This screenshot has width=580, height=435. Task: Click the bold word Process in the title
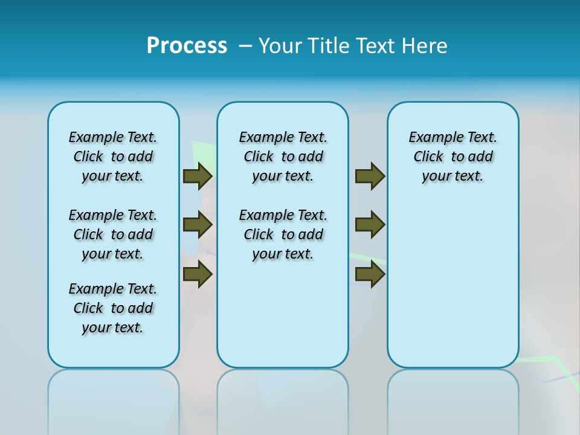pos(187,46)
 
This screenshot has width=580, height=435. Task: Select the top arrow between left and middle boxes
pos(198,176)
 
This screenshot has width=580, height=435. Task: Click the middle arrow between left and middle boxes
pos(198,225)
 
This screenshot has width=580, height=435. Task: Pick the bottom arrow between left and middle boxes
pos(198,274)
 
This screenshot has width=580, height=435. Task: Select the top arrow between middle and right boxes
pos(370,176)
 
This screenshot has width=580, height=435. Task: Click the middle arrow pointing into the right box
pos(370,225)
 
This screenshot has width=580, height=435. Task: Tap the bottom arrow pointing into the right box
pos(370,274)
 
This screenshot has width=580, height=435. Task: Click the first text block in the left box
pos(113,156)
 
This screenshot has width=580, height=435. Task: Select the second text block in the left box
pos(113,234)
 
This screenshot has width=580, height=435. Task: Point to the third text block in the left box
pos(113,308)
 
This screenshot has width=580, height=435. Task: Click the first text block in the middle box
pos(283,156)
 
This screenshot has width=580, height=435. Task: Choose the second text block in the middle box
pos(283,234)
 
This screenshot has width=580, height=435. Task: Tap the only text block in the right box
pos(453,156)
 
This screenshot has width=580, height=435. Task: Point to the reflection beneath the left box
pos(114,399)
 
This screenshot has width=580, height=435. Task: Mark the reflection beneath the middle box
pos(283,399)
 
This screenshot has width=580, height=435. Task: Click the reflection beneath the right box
pos(453,399)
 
